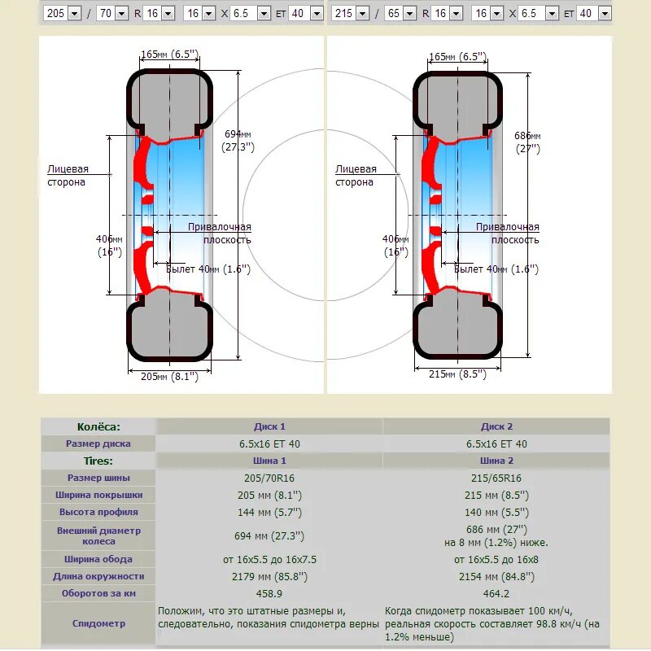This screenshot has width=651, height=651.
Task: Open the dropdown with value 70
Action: pyautogui.click(x=111, y=13)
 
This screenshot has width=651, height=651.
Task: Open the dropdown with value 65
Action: pyautogui.click(x=400, y=13)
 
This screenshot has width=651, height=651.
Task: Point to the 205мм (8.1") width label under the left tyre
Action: pyautogui.click(x=169, y=376)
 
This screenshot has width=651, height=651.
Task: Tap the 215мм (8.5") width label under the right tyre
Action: pyautogui.click(x=457, y=374)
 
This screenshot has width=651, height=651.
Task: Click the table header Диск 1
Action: pyautogui.click(x=269, y=426)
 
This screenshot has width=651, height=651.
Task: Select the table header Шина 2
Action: pyautogui.click(x=496, y=461)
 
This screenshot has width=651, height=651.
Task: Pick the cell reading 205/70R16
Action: pyautogui.click(x=269, y=478)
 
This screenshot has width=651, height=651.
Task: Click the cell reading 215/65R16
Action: pyautogui.click(x=496, y=478)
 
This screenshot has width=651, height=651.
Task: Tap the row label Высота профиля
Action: pyautogui.click(x=98, y=512)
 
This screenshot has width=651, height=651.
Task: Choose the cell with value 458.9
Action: pyautogui.click(x=269, y=593)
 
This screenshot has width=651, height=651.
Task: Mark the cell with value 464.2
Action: pyautogui.click(x=496, y=593)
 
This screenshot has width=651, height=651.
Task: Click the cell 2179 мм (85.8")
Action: pyautogui.click(x=269, y=576)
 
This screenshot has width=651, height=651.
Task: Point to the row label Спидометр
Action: pyautogui.click(x=98, y=623)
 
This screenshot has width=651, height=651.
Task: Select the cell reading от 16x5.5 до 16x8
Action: pyautogui.click(x=496, y=559)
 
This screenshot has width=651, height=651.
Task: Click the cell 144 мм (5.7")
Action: pyautogui.click(x=269, y=512)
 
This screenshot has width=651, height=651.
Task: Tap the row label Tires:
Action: pyautogui.click(x=98, y=461)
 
